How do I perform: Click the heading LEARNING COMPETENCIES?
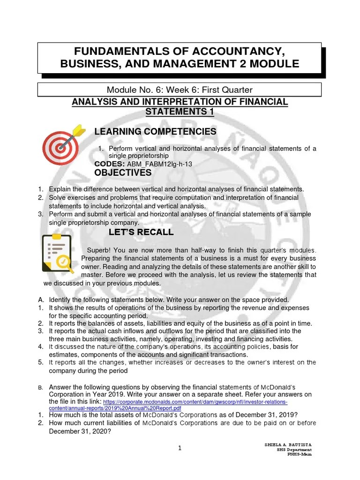(155, 132)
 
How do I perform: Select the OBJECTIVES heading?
(123, 173)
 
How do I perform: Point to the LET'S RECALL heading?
(141, 232)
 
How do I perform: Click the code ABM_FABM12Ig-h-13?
(160, 164)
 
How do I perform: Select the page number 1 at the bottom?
(180, 448)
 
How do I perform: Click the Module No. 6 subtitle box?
(180, 89)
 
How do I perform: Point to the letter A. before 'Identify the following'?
(41, 300)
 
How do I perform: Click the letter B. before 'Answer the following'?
(41, 388)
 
